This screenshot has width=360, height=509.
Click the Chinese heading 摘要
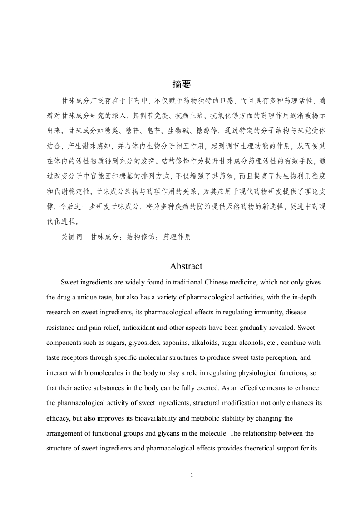pyautogui.click(x=182, y=84)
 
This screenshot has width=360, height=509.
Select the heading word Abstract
pyautogui.click(x=186, y=266)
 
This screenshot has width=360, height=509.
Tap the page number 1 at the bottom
pyautogui.click(x=192, y=475)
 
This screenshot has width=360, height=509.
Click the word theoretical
pyautogui.click(x=266, y=448)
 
